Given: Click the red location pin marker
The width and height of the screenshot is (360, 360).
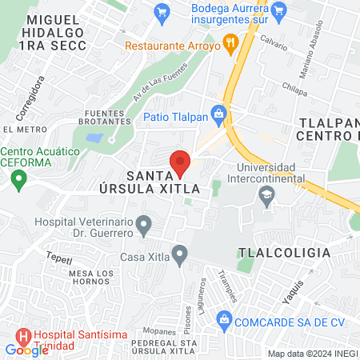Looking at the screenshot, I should [180, 163].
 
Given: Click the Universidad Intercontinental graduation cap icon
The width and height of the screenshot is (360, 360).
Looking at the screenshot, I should [265, 194].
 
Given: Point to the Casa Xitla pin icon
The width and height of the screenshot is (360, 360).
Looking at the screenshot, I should [180, 256].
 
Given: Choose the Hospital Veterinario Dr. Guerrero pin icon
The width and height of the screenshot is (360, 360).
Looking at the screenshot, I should [143, 225].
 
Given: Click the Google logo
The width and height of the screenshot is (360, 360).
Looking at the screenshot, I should [26, 350].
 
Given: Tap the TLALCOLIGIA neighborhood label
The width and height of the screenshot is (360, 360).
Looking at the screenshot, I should [283, 253].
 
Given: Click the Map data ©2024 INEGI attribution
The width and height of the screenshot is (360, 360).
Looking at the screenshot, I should [313, 354].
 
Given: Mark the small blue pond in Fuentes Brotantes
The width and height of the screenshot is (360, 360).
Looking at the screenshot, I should [94, 138].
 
